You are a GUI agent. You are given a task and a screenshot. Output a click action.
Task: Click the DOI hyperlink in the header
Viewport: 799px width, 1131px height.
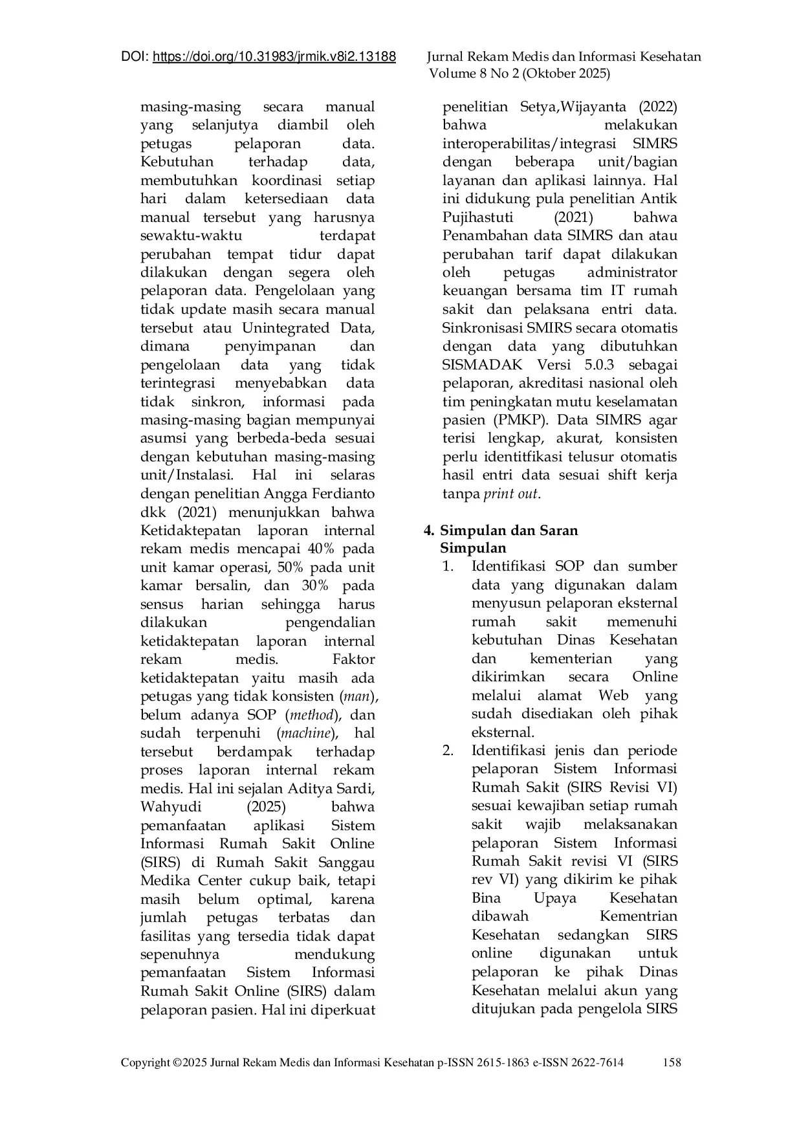tap(274, 57)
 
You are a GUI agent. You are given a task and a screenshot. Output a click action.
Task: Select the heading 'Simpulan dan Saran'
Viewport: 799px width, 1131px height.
tap(509, 530)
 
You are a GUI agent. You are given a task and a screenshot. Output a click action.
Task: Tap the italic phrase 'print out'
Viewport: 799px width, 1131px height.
tap(511, 494)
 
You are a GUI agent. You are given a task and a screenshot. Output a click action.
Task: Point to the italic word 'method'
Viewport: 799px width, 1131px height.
tap(312, 715)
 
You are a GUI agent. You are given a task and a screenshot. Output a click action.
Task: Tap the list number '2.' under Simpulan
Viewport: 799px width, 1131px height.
tap(448, 751)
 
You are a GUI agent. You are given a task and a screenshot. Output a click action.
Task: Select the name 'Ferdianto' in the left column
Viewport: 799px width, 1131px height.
tap(342, 494)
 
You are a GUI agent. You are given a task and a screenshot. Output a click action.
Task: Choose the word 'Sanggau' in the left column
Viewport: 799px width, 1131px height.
tap(347, 862)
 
